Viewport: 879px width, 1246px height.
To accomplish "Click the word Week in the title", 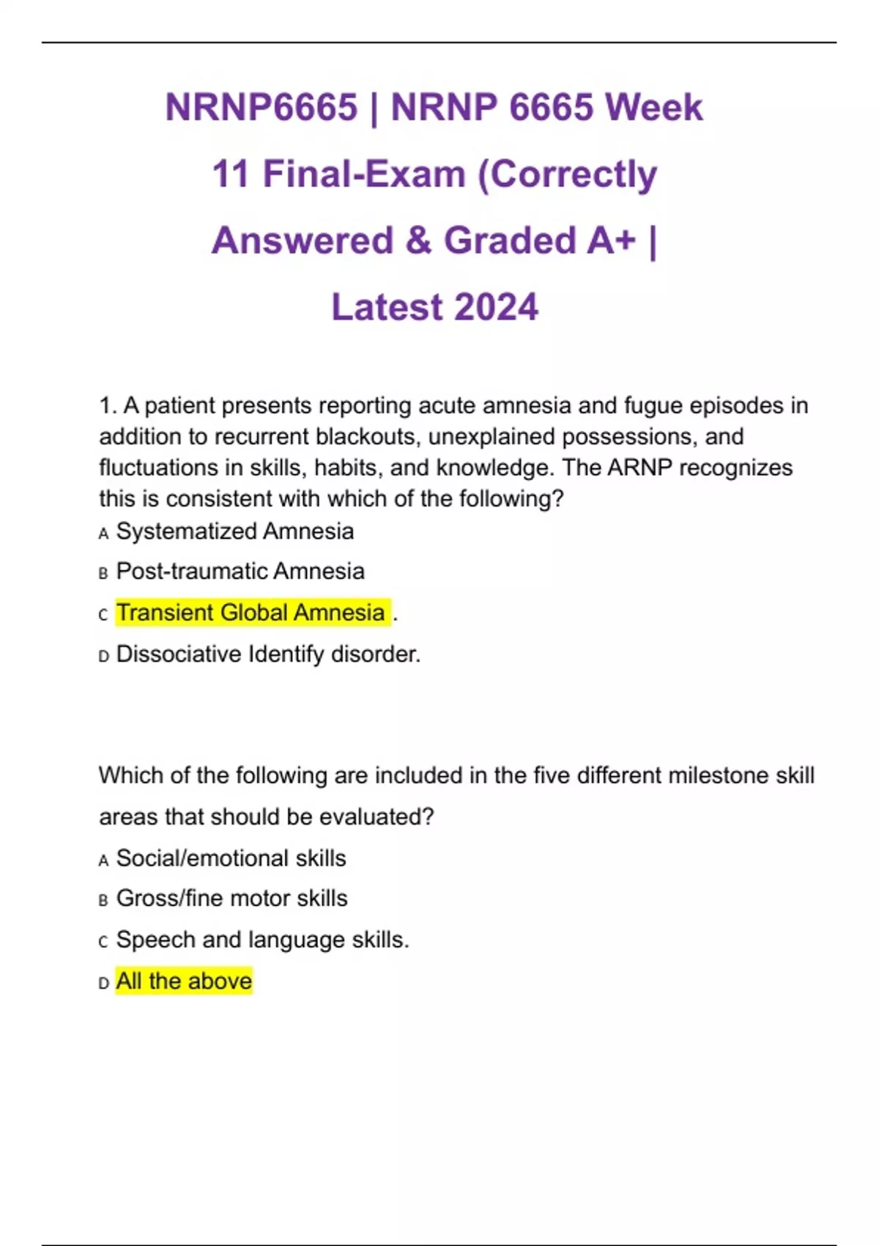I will click(x=653, y=108).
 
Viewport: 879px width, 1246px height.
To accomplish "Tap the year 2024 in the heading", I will click(x=496, y=307).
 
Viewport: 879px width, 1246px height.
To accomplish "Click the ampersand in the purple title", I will click(x=418, y=240).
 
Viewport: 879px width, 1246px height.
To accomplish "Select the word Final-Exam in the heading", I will click(x=364, y=174).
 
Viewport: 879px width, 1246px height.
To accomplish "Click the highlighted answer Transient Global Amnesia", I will click(x=251, y=613).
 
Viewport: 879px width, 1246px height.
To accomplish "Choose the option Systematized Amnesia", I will click(x=234, y=531).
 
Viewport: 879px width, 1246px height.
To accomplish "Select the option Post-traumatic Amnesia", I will click(x=240, y=571).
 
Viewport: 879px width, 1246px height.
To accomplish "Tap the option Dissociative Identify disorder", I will click(x=268, y=654).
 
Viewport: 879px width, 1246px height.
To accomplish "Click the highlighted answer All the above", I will click(x=184, y=981).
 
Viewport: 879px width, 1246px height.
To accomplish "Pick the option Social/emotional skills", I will click(x=231, y=858).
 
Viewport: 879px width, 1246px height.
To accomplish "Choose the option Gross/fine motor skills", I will click(x=231, y=899).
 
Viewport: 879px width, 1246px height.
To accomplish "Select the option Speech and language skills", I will click(x=262, y=940).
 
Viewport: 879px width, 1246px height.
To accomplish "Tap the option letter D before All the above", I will click(x=103, y=983).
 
